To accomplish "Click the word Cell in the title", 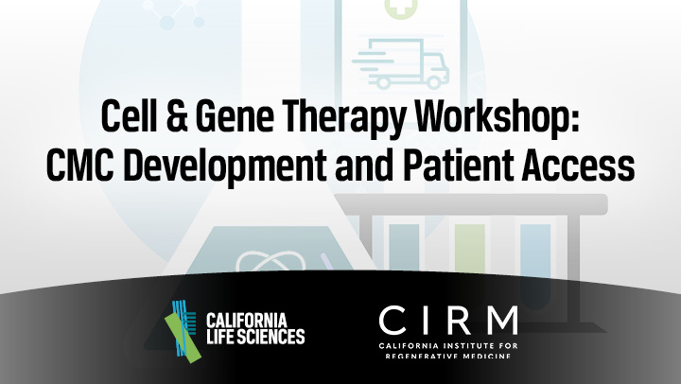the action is (129, 116).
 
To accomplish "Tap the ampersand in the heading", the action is (176, 116).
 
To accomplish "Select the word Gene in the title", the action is (235, 116).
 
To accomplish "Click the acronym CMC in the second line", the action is (79, 166).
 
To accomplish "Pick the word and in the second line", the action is (364, 166).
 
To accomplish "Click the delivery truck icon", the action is (400, 64).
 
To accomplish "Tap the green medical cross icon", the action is (401, 8).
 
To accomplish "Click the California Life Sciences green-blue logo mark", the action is (183, 331).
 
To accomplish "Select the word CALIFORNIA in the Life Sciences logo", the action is (246, 321).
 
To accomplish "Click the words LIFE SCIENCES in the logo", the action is (255, 337).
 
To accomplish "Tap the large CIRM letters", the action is (448, 320).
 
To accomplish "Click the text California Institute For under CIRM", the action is (448, 346).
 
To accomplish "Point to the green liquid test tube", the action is (469, 247).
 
